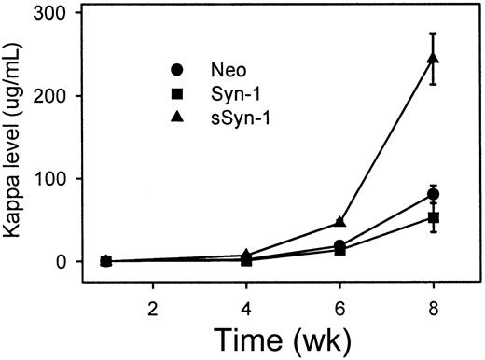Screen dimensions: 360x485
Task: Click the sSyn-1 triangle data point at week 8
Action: [433, 60]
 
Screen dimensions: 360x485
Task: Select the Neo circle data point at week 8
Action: [433, 194]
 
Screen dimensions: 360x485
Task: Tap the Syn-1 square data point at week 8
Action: [433, 217]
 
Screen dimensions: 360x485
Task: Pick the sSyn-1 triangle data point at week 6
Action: [339, 222]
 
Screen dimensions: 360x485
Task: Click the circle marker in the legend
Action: [176, 70]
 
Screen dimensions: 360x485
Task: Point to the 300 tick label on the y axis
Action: [66, 14]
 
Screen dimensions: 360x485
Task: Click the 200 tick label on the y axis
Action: [66, 96]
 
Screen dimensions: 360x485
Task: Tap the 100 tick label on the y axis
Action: [66, 178]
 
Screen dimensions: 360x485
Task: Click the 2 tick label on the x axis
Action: [152, 305]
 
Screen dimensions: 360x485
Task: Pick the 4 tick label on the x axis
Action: [246, 305]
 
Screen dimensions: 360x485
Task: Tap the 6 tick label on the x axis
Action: [339, 305]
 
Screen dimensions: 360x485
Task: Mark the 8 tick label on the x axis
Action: [433, 305]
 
